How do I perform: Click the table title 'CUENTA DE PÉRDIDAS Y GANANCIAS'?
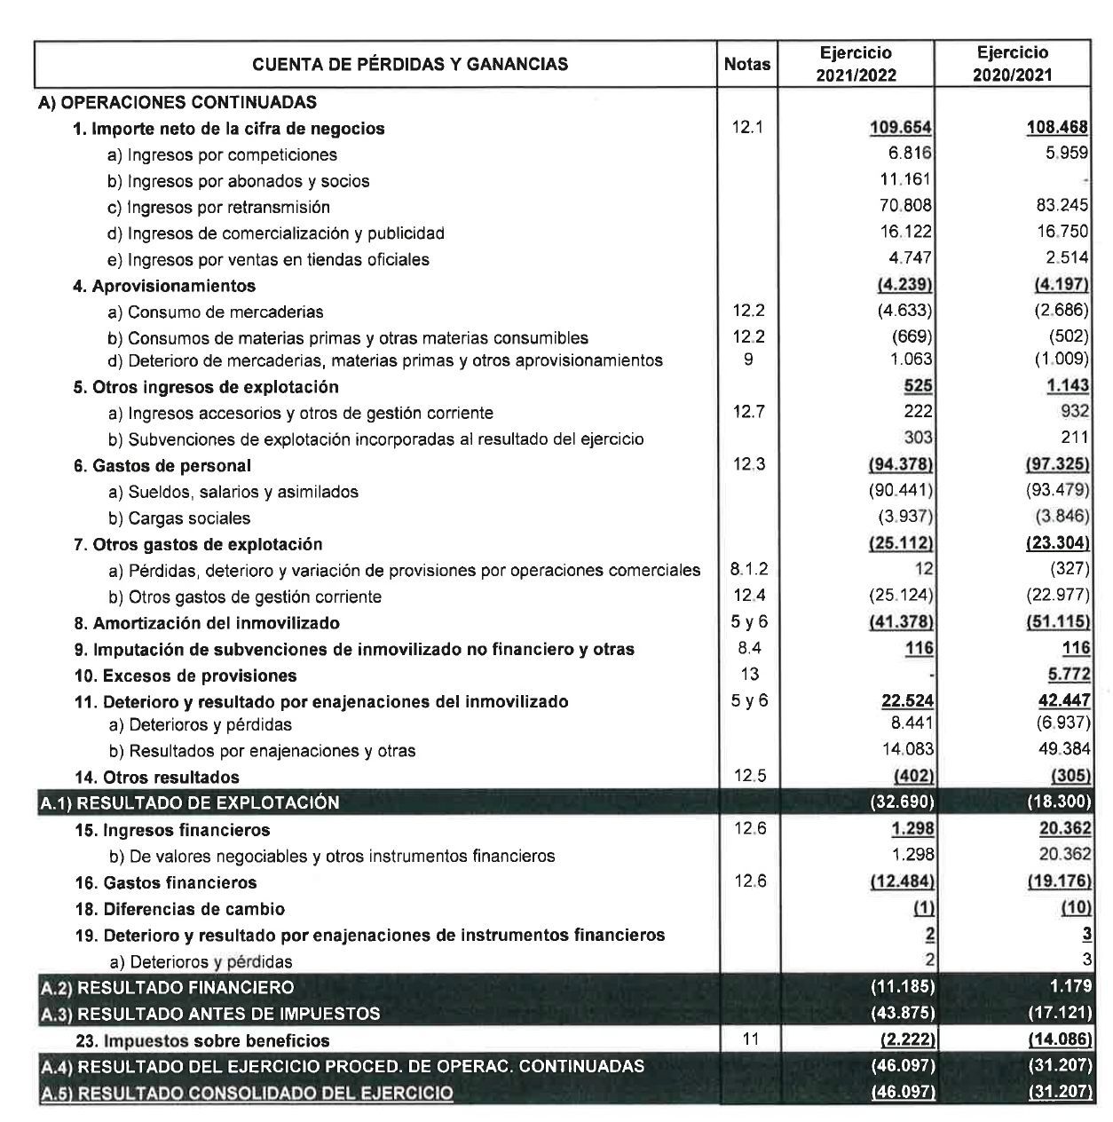click(410, 64)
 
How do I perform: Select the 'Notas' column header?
click(746, 64)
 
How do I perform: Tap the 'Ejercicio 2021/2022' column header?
click(856, 64)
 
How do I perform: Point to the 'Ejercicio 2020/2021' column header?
click(1012, 64)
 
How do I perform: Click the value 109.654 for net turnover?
click(901, 129)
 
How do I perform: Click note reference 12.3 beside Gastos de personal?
click(748, 465)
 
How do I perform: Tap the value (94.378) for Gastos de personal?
click(900, 466)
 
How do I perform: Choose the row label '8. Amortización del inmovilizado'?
click(206, 623)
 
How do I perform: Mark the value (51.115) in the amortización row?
click(1057, 623)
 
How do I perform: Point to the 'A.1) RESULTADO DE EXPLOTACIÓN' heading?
click(190, 803)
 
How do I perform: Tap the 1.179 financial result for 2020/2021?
click(1069, 987)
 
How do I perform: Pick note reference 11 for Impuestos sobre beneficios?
click(750, 1039)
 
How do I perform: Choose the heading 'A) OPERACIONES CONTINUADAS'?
click(177, 103)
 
